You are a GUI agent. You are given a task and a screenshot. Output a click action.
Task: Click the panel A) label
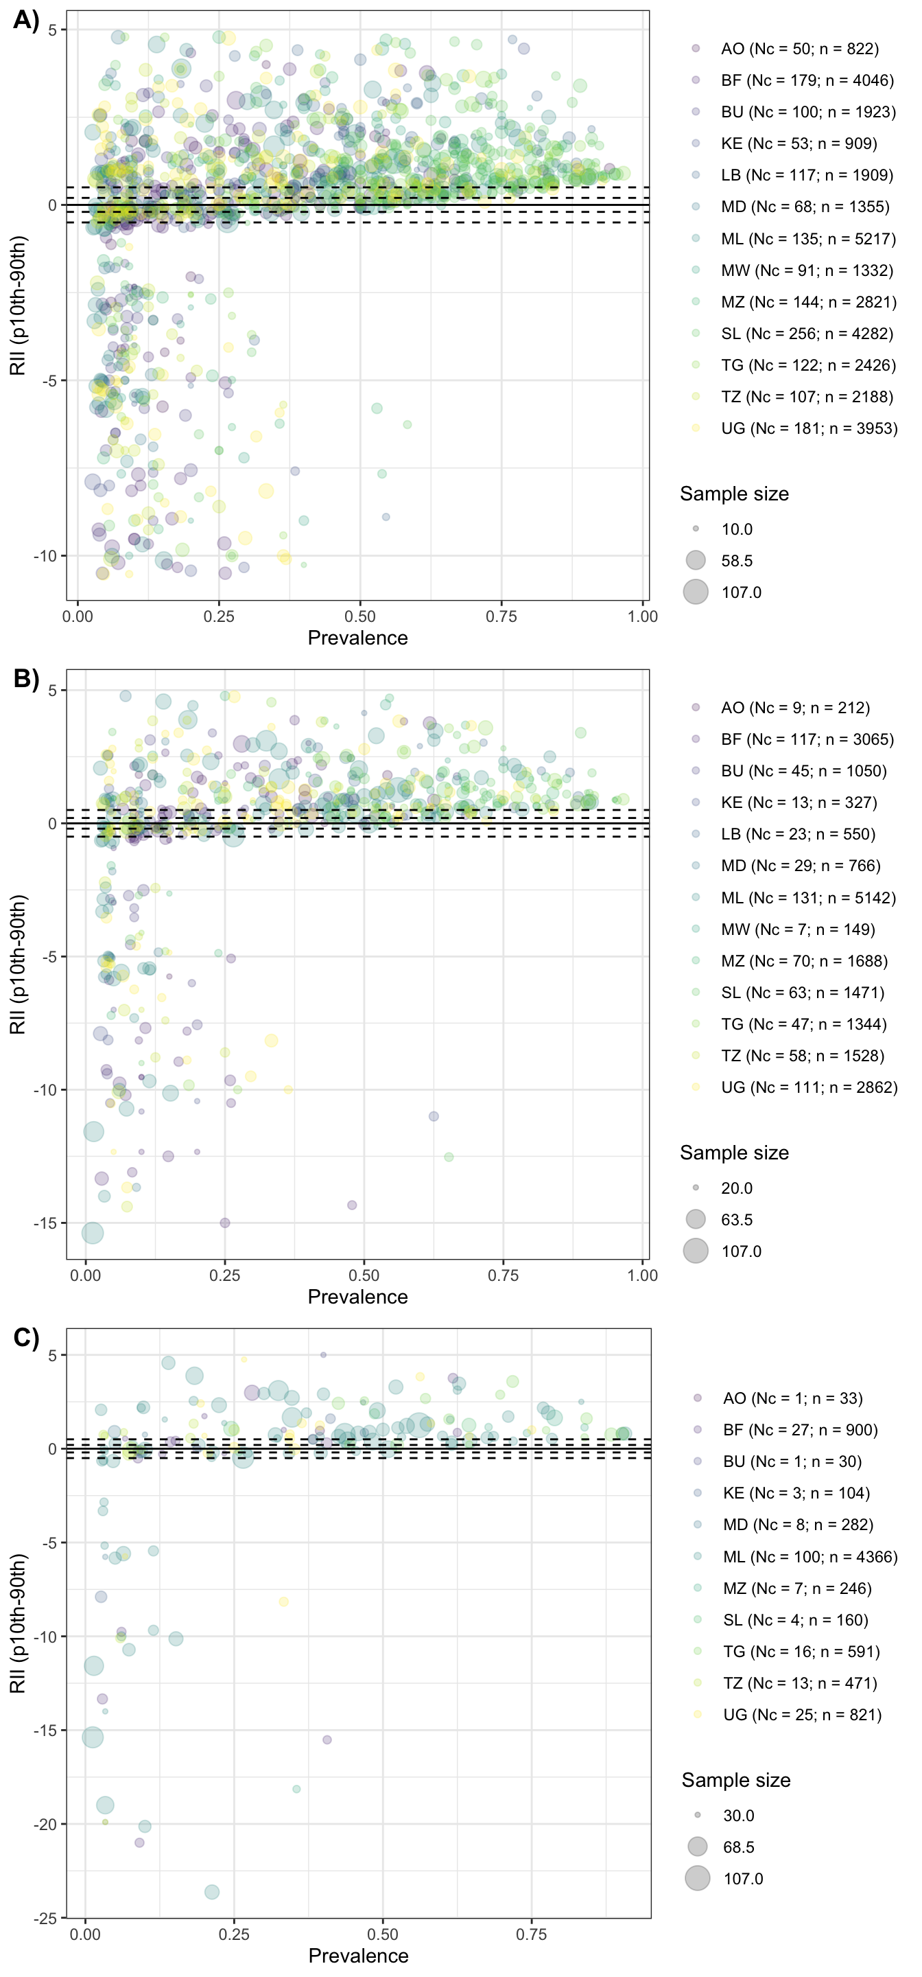pyautogui.click(x=26, y=20)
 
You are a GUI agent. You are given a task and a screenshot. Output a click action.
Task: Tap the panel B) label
pyautogui.click(x=26, y=678)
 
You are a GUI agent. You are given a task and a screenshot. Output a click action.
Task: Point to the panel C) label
pyautogui.click(x=26, y=1338)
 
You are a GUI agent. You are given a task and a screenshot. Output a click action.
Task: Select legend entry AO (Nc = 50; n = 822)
pyautogui.click(x=799, y=48)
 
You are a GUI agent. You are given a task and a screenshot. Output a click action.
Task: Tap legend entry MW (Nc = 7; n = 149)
pyautogui.click(x=798, y=929)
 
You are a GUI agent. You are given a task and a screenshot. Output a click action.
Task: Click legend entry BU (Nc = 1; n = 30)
pyautogui.click(x=792, y=1461)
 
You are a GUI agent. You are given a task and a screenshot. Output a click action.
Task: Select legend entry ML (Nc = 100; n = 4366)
pyautogui.click(x=810, y=1556)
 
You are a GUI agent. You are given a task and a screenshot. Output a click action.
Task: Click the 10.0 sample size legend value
pyautogui.click(x=736, y=529)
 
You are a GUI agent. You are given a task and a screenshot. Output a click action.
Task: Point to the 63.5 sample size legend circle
pyautogui.click(x=696, y=1218)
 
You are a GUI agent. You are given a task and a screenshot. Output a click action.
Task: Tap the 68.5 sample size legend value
pyautogui.click(x=739, y=1847)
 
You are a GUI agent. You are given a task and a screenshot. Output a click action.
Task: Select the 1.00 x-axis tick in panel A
pyautogui.click(x=642, y=616)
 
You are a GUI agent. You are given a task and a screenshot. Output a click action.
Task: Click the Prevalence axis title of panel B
pyautogui.click(x=357, y=1296)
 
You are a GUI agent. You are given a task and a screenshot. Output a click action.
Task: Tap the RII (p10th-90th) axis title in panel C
pyautogui.click(x=18, y=1623)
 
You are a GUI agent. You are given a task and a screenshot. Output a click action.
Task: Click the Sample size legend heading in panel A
pyautogui.click(x=734, y=494)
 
